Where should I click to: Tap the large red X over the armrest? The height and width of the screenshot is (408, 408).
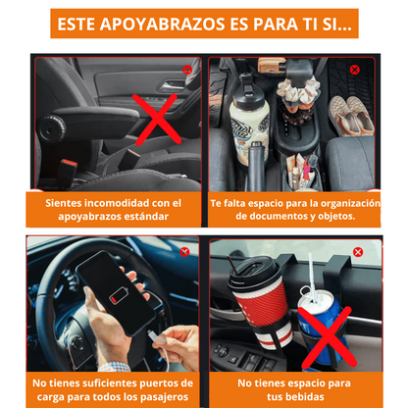pos(157,120)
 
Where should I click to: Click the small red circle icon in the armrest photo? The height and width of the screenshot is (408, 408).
pos(187,70)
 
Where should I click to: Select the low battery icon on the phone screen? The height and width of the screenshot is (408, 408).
pos(119,295)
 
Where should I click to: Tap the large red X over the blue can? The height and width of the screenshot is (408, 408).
pos(328,337)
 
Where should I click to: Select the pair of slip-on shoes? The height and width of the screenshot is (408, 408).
pos(351,116)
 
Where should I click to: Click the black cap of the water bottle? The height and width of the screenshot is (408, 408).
pos(248,92)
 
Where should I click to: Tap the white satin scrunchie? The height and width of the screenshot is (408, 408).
pos(296,90)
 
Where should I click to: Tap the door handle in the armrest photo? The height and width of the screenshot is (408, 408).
pos(170,85)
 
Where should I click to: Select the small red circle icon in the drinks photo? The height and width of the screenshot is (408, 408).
pos(358,252)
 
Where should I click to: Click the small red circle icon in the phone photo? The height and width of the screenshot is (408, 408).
pos(184,252)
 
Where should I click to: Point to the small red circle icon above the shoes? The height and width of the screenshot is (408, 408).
pos(355,70)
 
